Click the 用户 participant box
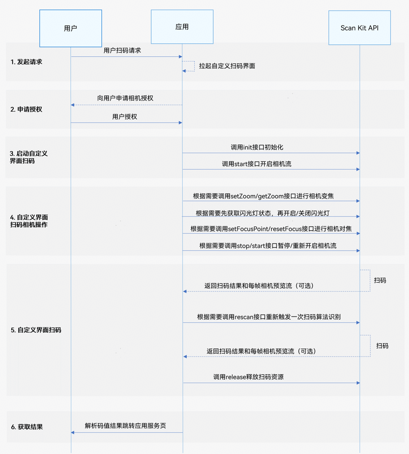[70, 28]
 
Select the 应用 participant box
[182, 27]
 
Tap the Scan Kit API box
[359, 28]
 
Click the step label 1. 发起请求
[26, 62]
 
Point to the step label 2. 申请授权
[26, 109]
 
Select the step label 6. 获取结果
[27, 427]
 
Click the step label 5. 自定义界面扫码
[36, 330]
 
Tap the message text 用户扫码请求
[122, 51]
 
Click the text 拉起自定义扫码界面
[227, 66]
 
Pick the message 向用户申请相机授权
[126, 98]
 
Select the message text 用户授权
[125, 117]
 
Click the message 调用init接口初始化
[257, 147]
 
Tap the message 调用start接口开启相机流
[257, 164]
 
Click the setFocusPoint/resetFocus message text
[271, 229]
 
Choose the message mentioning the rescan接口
[269, 317]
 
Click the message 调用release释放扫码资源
[248, 377]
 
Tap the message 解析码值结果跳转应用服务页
[125, 425]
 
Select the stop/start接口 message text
[268, 246]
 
